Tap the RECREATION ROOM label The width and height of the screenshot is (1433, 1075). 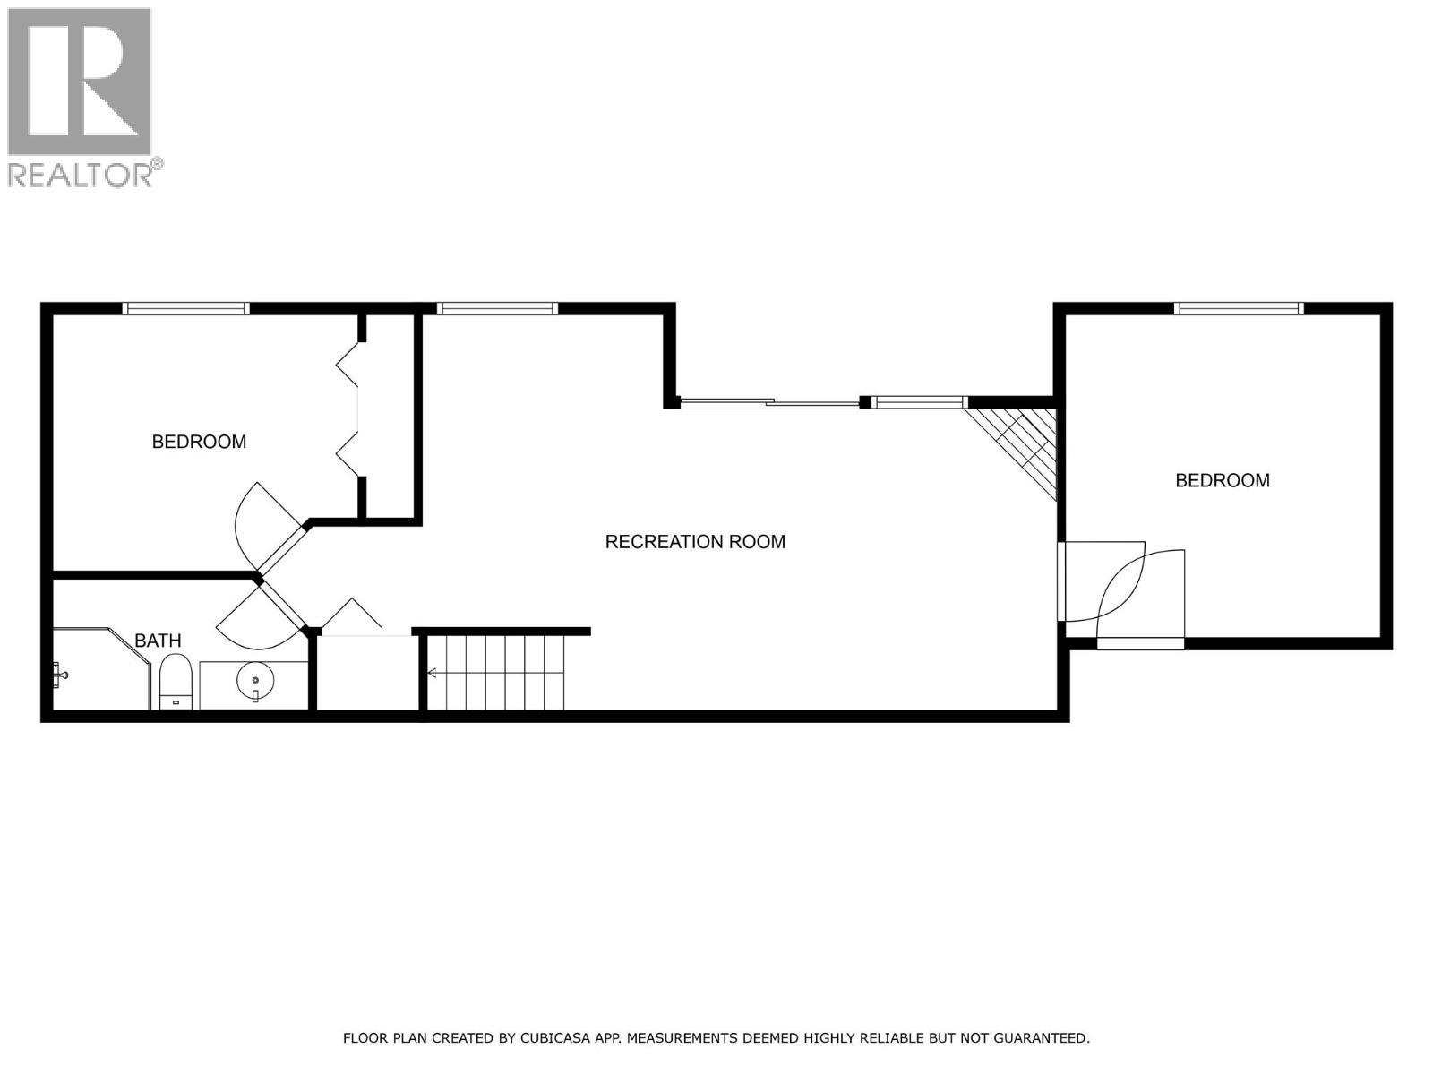(x=695, y=542)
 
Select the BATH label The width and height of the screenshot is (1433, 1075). (x=158, y=641)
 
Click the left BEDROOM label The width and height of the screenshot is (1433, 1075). (x=199, y=442)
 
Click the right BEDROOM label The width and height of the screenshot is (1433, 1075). (x=1222, y=481)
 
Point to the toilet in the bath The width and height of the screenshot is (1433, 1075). (x=175, y=681)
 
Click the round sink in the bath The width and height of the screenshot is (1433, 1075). (x=253, y=680)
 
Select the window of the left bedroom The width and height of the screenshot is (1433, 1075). (x=185, y=309)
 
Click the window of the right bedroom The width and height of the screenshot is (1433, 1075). (x=1238, y=309)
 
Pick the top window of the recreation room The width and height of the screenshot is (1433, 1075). (x=497, y=309)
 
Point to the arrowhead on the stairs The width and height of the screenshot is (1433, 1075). (x=432, y=673)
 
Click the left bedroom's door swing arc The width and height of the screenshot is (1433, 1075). (x=260, y=520)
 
